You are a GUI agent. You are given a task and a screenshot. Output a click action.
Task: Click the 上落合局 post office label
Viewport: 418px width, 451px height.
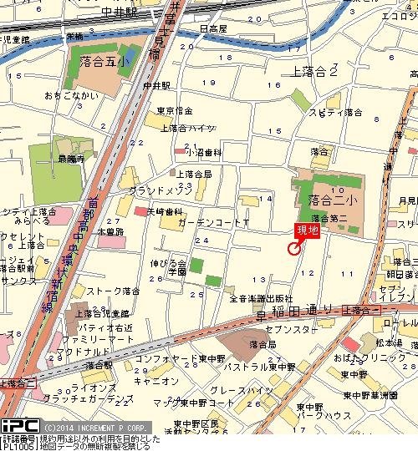pyautogui.click(x=193, y=175)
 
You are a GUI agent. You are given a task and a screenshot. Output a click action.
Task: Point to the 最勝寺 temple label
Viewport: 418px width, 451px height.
pyautogui.click(x=71, y=157)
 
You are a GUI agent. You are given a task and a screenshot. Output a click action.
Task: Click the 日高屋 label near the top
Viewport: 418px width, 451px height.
pyautogui.click(x=215, y=28)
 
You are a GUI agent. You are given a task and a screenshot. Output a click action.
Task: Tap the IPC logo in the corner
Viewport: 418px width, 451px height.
pyautogui.click(x=18, y=425)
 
